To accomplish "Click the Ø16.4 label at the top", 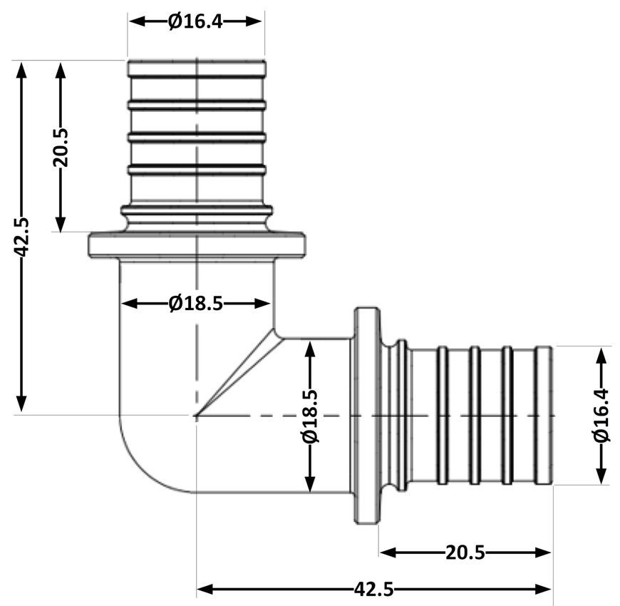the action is click(x=195, y=22).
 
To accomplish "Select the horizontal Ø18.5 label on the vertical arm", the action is click(x=195, y=304).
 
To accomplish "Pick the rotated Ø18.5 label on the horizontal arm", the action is click(x=311, y=416).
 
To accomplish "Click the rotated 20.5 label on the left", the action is click(x=61, y=147).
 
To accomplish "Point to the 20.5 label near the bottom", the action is click(x=465, y=553).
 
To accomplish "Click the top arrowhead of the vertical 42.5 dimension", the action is click(x=21, y=71).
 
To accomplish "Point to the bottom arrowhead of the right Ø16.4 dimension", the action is click(x=601, y=474).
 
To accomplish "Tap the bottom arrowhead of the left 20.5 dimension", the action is click(x=61, y=222).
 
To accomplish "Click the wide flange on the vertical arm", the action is click(x=197, y=245).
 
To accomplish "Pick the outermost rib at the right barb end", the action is click(x=543, y=416).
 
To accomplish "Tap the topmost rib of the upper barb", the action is click(x=197, y=68).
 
